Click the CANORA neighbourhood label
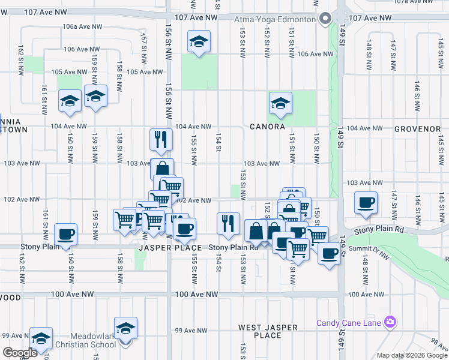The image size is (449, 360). [267, 127]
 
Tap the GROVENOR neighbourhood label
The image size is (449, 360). [418, 129]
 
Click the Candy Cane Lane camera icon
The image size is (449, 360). [391, 323]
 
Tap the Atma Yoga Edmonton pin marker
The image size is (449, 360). [325, 19]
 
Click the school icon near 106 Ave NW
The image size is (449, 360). [199, 41]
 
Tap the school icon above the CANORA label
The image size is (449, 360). [280, 103]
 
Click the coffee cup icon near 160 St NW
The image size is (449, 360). [65, 234]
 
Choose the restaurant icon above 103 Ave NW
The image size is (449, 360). [161, 139]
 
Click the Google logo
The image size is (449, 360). [20, 353]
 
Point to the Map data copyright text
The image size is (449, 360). [412, 355]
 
